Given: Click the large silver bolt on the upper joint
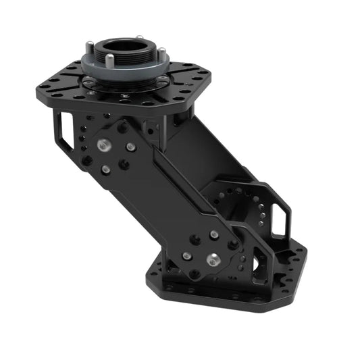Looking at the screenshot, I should [x=105, y=145].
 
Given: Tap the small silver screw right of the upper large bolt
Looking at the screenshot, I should [x=130, y=147].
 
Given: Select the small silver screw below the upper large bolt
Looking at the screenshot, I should [x=105, y=170].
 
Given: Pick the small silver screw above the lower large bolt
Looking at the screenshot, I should [x=214, y=234].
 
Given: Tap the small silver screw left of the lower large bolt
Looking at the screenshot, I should [x=187, y=256].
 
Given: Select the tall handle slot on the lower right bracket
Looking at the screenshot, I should [x=280, y=217].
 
